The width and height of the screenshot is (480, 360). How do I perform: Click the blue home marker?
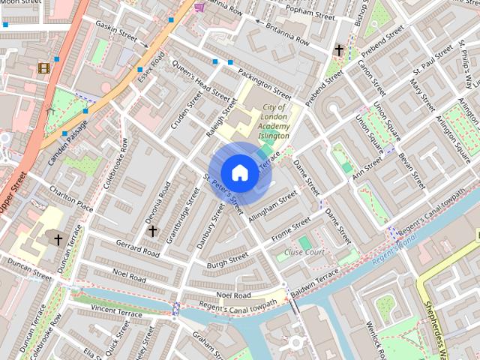pos(239,172)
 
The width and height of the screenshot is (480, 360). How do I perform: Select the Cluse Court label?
pos(305,253)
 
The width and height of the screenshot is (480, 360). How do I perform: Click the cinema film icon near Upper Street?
pos(44,68)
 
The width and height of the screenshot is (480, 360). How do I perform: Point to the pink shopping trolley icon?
pos(199,7)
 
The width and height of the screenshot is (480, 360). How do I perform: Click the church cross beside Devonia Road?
pos(152,230)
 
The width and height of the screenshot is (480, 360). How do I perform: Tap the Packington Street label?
pos(264,83)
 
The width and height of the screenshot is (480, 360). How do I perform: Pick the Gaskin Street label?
pos(117,32)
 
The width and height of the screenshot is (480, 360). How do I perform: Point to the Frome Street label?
pos(291,229)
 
